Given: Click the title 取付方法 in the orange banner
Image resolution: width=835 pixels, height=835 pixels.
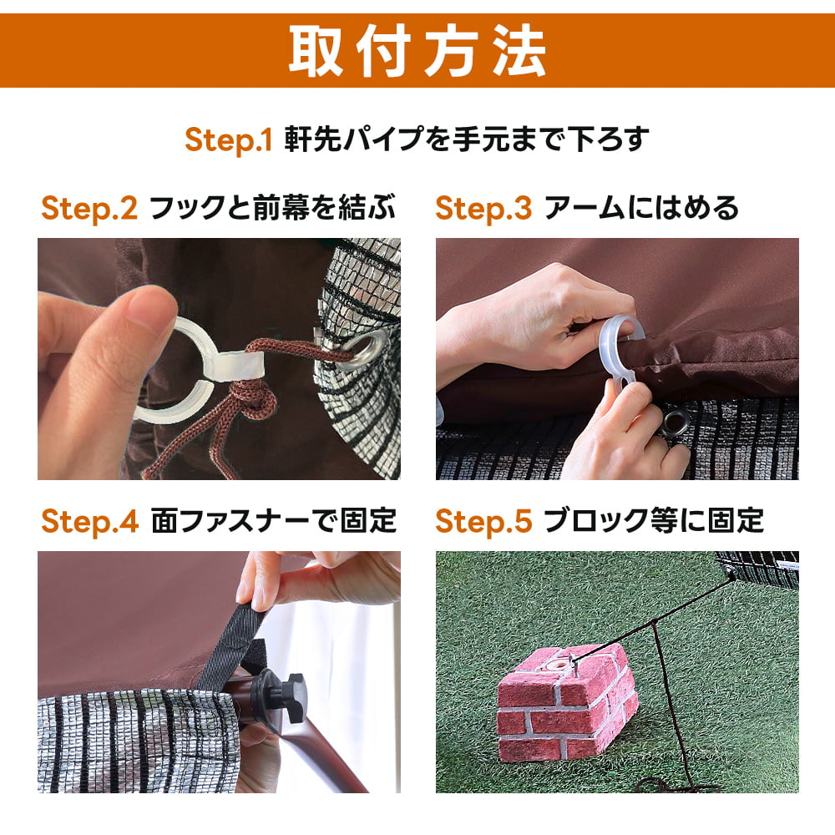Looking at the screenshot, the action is tap(417, 51).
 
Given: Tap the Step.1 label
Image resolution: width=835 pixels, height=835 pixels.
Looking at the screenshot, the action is tap(229, 140).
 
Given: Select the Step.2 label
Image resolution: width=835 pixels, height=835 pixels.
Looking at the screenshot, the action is tap(89, 208).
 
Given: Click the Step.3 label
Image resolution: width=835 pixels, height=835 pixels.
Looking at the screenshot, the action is tap(483, 208).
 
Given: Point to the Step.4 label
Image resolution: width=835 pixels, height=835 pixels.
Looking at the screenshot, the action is tap(89, 521).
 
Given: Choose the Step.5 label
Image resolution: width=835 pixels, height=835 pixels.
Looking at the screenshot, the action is tap(483, 521).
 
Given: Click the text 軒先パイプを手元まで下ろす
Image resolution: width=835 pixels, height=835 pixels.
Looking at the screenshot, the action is tap(467, 139).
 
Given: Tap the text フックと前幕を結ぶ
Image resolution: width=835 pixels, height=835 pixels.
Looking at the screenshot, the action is tap(272, 208).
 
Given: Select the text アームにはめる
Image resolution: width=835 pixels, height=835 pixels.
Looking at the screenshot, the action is tap(641, 208).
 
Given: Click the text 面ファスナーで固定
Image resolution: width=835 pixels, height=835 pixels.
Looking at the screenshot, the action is tap(274, 520).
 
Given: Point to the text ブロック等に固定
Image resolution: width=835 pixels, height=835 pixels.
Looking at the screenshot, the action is tap(654, 520).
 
